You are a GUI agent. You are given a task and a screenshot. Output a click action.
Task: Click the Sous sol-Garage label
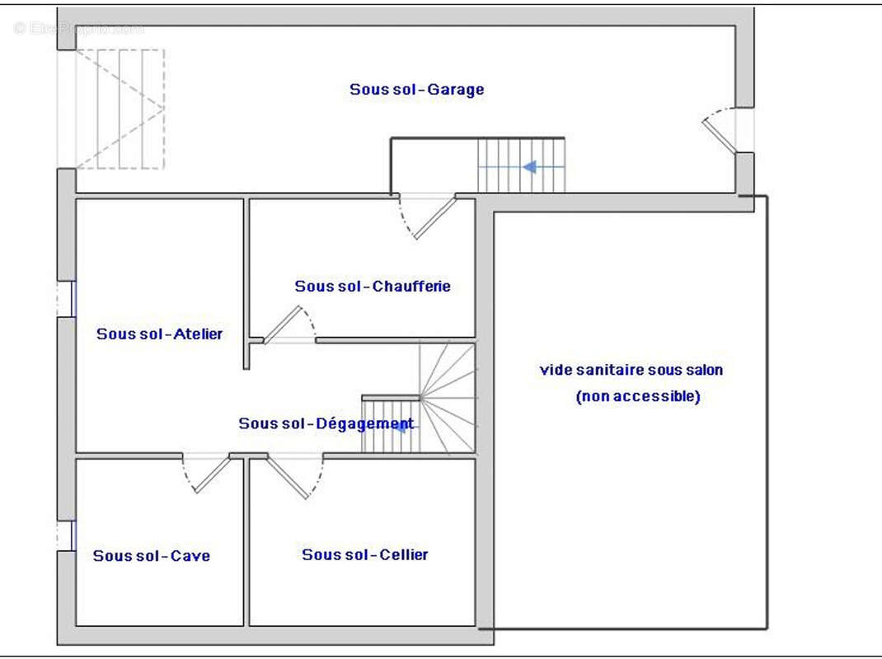point(416,90)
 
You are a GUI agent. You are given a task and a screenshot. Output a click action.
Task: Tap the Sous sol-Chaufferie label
point(373,287)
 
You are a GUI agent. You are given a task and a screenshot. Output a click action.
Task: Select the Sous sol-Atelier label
point(159,334)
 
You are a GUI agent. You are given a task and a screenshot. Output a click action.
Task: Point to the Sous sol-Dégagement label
point(326,424)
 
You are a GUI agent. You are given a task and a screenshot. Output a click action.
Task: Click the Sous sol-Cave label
point(151,556)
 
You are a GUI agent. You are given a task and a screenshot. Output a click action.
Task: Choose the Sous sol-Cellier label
point(364,555)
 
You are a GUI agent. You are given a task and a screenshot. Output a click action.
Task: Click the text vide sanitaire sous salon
point(631,371)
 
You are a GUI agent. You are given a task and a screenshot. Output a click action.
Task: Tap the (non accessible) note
point(638,397)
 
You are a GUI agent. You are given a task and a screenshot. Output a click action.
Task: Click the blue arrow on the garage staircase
point(530,167)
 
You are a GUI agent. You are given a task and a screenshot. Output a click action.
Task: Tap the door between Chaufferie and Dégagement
point(287,324)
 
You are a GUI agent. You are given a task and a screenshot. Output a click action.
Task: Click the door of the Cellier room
point(293,476)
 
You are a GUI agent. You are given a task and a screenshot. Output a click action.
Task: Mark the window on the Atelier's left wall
point(66,299)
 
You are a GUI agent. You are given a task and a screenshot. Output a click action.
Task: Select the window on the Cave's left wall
point(66,536)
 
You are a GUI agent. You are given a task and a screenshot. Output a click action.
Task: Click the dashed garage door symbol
point(120,109)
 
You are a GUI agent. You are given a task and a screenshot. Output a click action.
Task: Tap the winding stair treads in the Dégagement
point(449,395)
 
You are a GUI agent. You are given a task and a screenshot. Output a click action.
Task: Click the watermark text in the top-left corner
point(79,29)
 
